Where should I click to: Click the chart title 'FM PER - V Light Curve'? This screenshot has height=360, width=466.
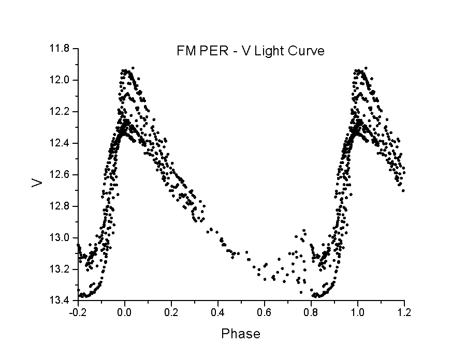coord(250,51)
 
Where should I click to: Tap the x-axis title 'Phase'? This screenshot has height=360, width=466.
coord(241,334)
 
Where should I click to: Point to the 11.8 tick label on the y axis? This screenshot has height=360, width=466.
coord(60,49)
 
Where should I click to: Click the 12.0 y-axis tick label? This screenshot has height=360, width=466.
coord(60,80)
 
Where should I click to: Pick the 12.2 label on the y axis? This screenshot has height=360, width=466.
coord(60,112)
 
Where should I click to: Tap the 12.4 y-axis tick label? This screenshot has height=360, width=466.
coord(60,143)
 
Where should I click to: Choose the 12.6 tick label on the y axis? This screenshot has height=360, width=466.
coord(60,175)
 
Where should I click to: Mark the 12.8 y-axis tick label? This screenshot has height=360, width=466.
coord(60,206)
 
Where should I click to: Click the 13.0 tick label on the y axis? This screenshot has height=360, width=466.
coord(60,238)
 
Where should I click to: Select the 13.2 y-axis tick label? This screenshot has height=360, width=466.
coord(60,269)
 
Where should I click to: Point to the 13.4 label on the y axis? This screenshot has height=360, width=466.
coord(60,301)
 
